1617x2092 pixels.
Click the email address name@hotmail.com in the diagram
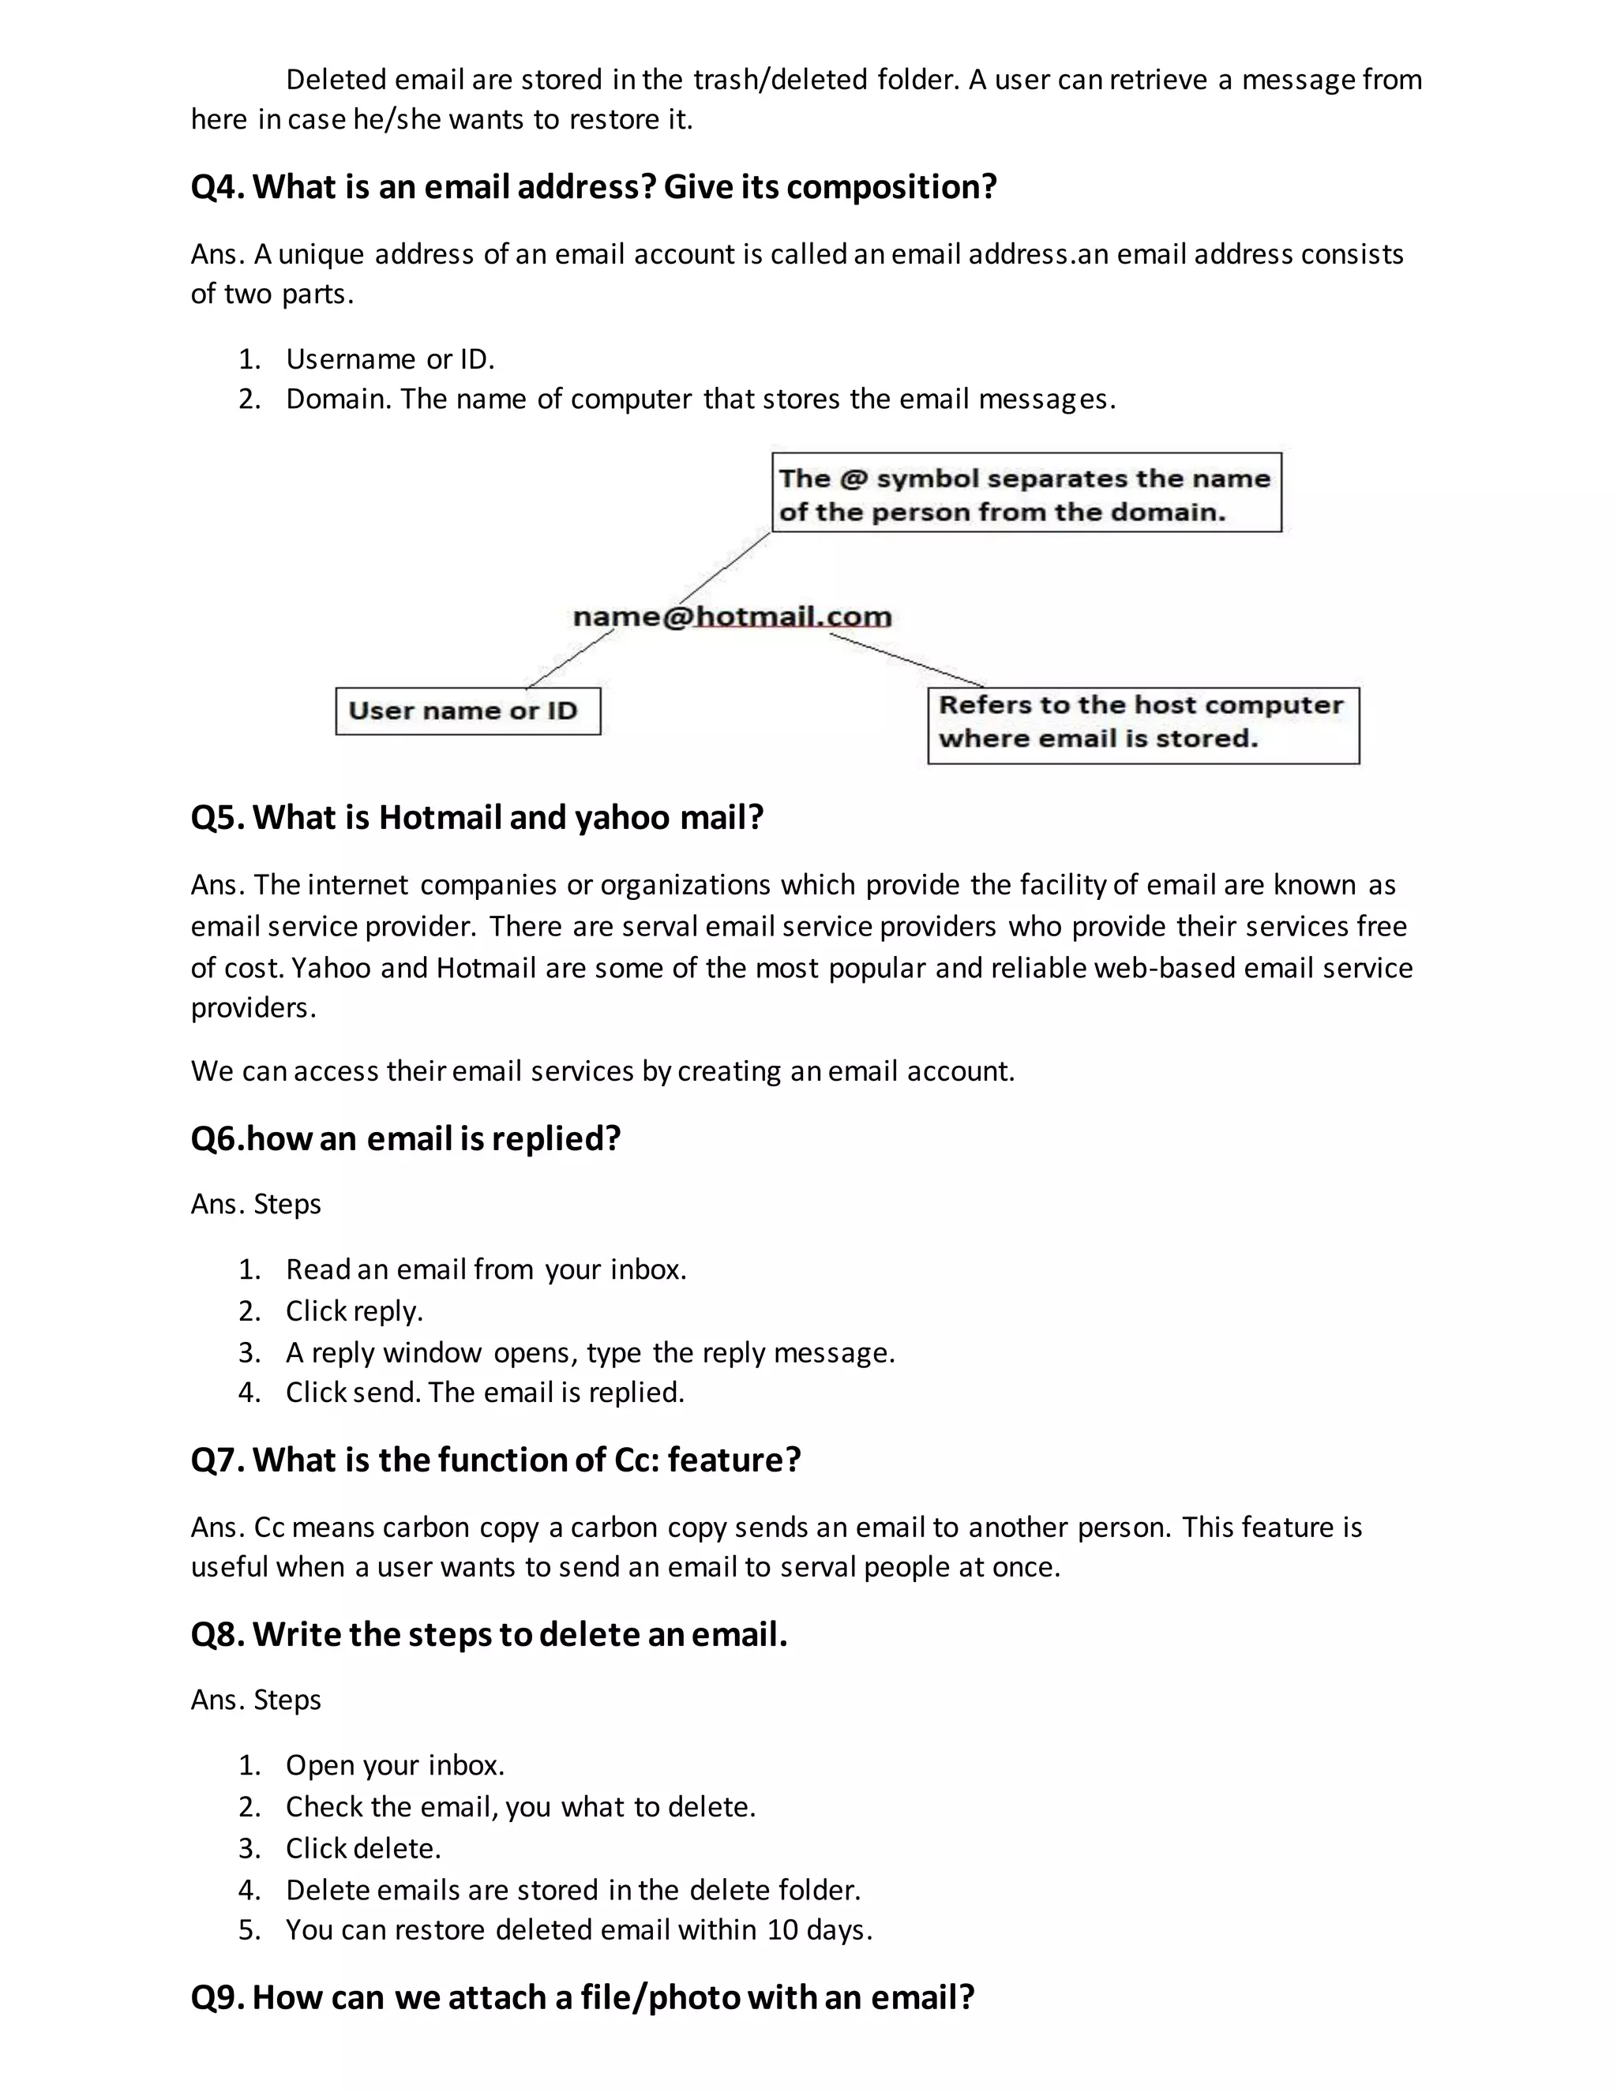[732, 616]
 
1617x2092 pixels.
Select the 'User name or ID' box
[467, 710]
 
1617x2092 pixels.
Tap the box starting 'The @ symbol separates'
[1026, 493]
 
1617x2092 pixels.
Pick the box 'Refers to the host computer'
[1142, 725]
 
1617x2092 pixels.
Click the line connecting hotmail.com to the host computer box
[906, 659]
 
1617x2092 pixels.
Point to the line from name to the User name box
[571, 658]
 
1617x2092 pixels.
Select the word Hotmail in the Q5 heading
[440, 817]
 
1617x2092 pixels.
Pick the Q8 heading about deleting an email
[489, 1633]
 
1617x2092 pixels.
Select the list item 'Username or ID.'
[390, 359]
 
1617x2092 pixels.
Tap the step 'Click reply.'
[354, 1310]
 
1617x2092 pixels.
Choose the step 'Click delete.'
[363, 1848]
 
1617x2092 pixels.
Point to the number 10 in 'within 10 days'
[782, 1929]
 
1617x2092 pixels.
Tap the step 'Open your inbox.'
[395, 1764]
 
